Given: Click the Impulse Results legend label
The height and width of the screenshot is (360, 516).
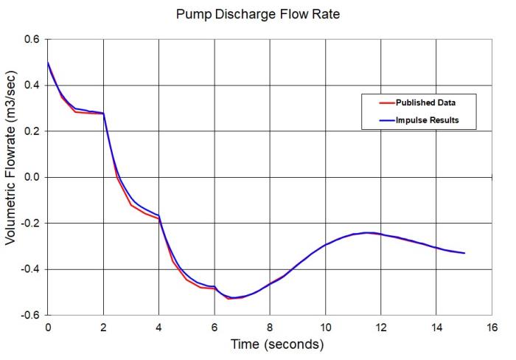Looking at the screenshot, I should point(428,120).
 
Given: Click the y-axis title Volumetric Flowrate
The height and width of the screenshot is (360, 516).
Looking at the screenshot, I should point(13,176).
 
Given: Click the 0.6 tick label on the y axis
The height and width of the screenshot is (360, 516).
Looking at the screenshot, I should point(32,39).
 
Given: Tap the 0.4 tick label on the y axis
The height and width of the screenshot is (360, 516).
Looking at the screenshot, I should point(32,85).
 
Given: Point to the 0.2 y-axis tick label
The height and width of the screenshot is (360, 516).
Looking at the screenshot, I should point(32,131).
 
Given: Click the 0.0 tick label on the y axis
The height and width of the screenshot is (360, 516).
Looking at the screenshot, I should point(32,177).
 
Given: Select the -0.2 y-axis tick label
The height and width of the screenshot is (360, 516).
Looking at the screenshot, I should point(30,224).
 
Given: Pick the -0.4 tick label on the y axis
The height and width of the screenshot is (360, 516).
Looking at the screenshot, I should point(30,269).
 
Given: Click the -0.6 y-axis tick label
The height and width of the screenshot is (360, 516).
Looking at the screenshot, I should point(30,315).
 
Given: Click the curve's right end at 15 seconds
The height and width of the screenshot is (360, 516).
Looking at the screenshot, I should point(464,253).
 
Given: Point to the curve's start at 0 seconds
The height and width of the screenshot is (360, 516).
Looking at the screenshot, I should point(48,62).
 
